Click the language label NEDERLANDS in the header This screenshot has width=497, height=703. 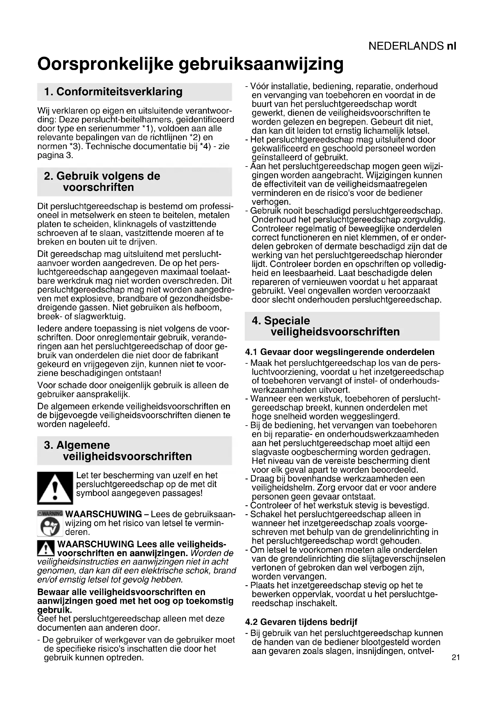(406, 46)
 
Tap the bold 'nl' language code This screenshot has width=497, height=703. (451, 46)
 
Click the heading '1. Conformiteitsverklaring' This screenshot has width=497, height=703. (113, 92)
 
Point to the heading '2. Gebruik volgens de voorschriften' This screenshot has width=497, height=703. (102, 182)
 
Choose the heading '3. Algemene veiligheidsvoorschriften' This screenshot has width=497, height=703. (118, 451)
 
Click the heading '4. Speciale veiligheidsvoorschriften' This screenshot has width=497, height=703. (326, 326)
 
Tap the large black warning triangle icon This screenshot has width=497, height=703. (55, 488)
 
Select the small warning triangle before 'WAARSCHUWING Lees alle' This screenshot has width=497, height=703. (46, 549)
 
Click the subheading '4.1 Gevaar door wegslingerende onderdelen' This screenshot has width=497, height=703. (340, 352)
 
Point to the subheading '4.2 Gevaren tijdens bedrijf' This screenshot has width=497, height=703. (301, 622)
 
